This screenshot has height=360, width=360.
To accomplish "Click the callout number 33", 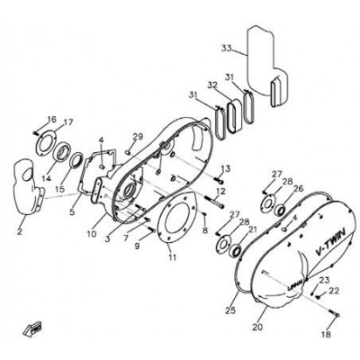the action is coord(227,48).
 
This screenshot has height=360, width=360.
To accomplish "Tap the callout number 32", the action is coord(212,85).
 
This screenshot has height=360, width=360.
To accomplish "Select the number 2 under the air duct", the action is coord(20,231).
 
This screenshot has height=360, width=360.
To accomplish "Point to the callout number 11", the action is coord(172,257).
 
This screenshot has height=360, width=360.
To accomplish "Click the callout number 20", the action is coord(257,327).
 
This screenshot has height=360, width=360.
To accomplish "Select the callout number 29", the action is coord(138,138).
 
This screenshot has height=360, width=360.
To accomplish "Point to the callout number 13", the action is coord(226,169).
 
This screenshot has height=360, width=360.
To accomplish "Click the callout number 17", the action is coord(67,122).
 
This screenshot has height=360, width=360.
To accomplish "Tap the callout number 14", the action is coord(47,178).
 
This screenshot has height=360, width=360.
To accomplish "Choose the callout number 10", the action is coord(91,233).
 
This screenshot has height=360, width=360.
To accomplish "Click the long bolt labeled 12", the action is coord(214,202).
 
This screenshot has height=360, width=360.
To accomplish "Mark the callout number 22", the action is coord(334,291).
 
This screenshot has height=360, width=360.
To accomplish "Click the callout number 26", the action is coord(298,188).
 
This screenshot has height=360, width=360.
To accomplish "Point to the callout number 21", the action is coord(252,229).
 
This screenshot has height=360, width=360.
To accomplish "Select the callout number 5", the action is coord(72,212).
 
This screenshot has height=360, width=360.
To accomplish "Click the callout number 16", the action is coord(51,119).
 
